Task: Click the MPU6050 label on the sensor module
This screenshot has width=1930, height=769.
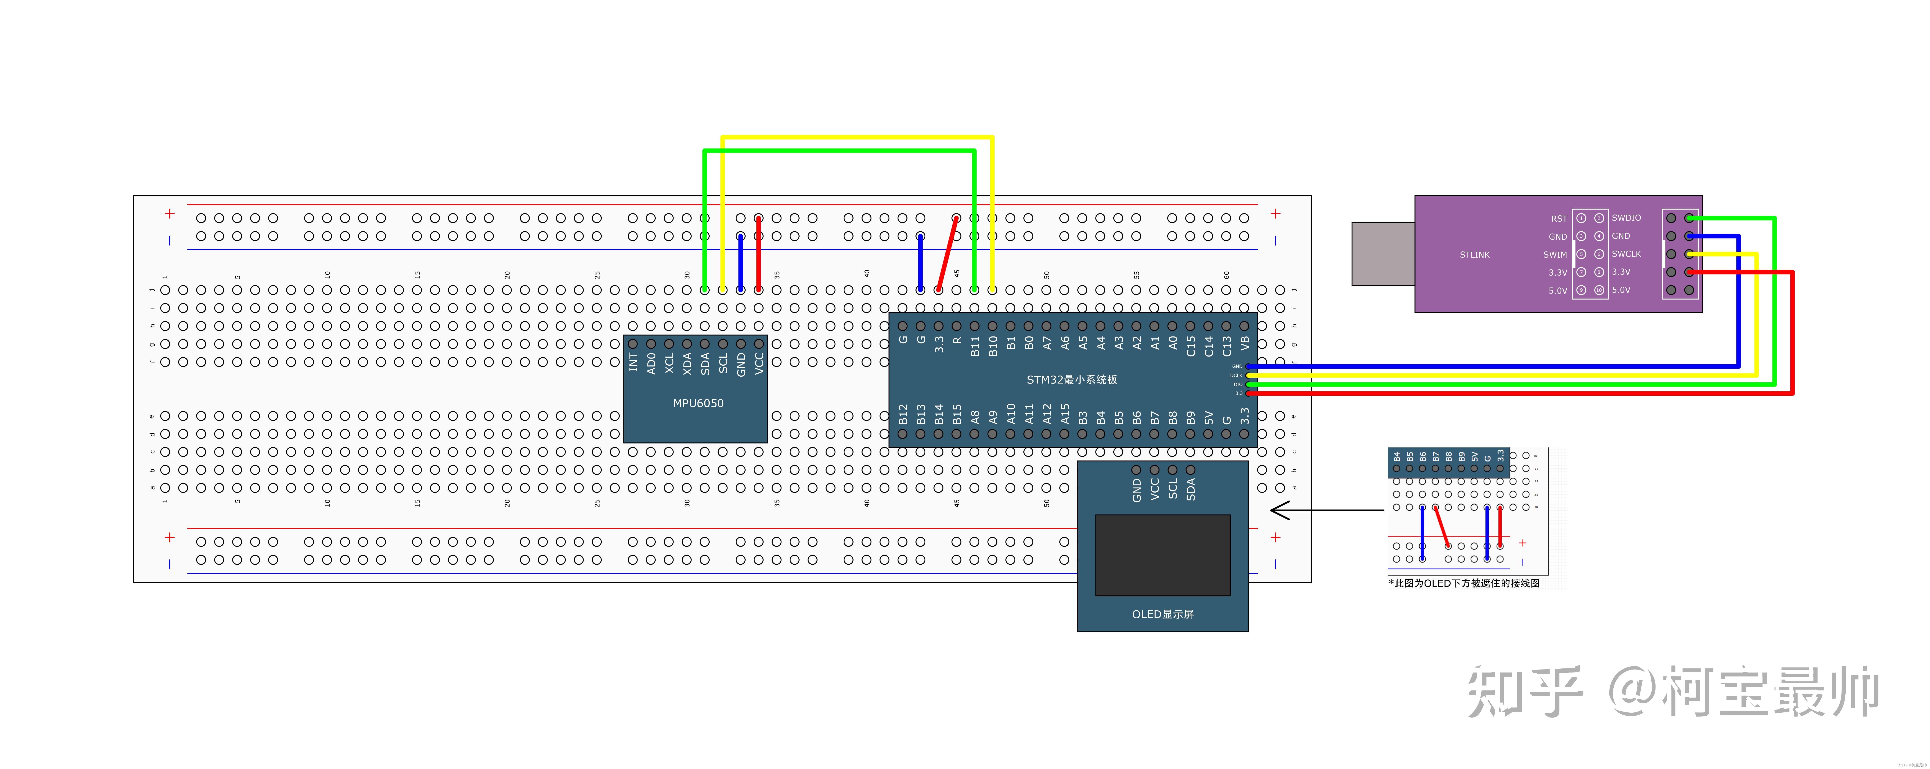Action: (x=698, y=403)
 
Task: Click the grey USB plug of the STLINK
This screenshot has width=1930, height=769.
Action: (x=1382, y=253)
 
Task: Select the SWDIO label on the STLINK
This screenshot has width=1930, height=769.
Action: (x=1626, y=218)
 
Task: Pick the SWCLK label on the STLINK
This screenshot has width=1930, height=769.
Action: (x=1626, y=254)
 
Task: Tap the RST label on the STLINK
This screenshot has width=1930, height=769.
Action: (x=1558, y=219)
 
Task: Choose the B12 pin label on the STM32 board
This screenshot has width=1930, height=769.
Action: (x=903, y=414)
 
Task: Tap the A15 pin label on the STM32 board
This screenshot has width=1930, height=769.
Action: (x=1065, y=414)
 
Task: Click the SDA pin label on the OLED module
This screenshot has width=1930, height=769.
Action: (x=1190, y=489)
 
